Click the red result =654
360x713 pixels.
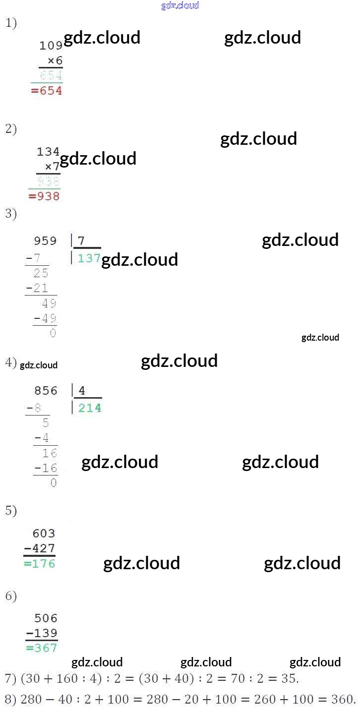[x=47, y=91]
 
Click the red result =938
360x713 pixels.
[x=44, y=196]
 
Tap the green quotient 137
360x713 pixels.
[x=89, y=258]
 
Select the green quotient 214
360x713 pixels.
[x=90, y=408]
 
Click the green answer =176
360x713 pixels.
[x=40, y=564]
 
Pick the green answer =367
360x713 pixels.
[x=42, y=648]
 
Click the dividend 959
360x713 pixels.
[x=45, y=241]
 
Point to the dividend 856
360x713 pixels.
[x=46, y=391]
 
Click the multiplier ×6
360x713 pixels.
[x=55, y=60]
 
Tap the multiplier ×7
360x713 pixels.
[x=52, y=166]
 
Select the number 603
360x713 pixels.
[x=44, y=534]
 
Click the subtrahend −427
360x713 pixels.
[x=40, y=548]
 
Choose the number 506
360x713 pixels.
[x=46, y=618]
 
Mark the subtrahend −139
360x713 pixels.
[x=42, y=633]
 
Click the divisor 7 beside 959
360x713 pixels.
[x=81, y=241]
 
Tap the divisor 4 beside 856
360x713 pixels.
[x=82, y=391]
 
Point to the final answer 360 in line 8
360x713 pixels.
[x=344, y=700]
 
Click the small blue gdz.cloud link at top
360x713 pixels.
[x=180, y=5]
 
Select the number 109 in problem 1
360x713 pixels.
[x=51, y=46]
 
